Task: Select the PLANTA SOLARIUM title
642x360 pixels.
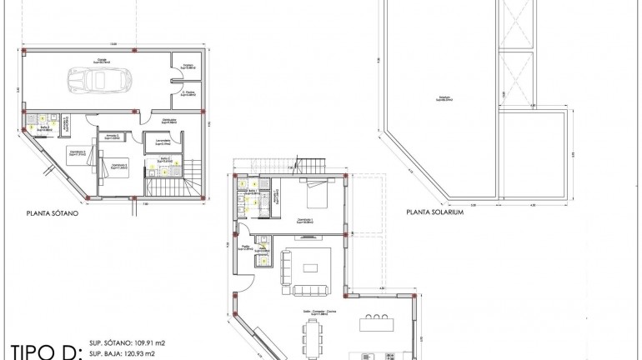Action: coord(434,212)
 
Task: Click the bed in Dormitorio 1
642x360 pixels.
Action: coord(318,194)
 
